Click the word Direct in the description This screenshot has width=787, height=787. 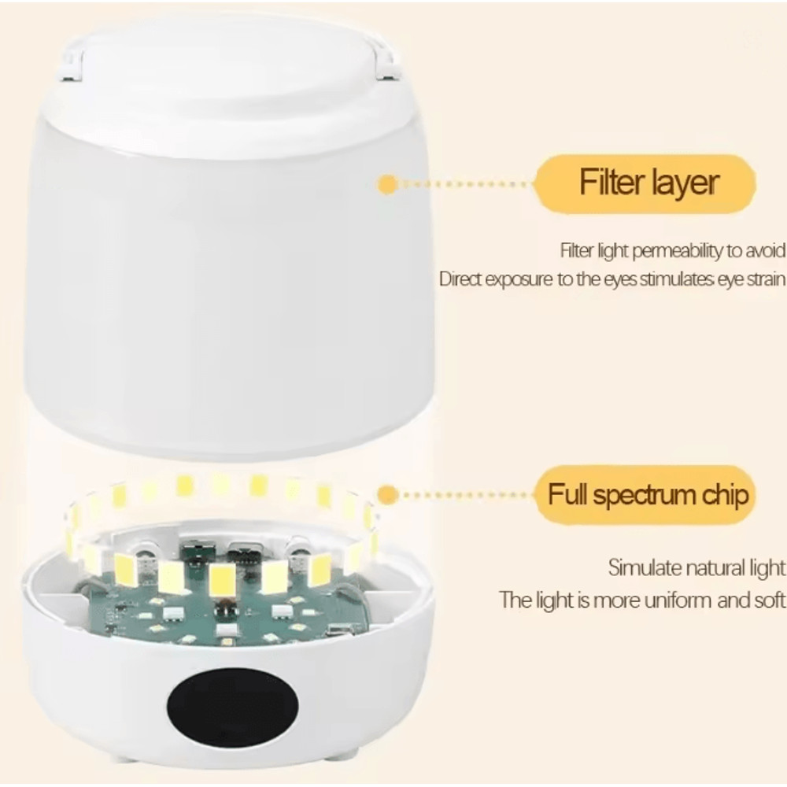coord(460,279)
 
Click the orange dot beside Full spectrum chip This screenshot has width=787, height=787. coord(387,495)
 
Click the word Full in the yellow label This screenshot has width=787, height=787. coord(570,496)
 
